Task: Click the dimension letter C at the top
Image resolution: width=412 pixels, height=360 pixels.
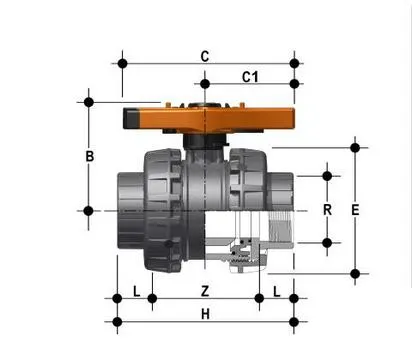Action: (205, 56)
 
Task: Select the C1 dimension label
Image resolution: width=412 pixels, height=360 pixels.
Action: (250, 77)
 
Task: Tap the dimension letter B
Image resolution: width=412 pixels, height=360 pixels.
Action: (90, 156)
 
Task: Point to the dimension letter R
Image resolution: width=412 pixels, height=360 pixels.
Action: (327, 210)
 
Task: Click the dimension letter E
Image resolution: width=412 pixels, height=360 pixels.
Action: (355, 210)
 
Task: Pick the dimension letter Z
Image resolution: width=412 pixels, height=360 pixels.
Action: (205, 291)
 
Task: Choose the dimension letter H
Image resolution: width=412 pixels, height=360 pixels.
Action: (205, 314)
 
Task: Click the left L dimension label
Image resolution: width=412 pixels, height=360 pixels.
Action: (136, 291)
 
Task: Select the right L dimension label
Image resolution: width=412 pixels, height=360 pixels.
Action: (276, 292)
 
